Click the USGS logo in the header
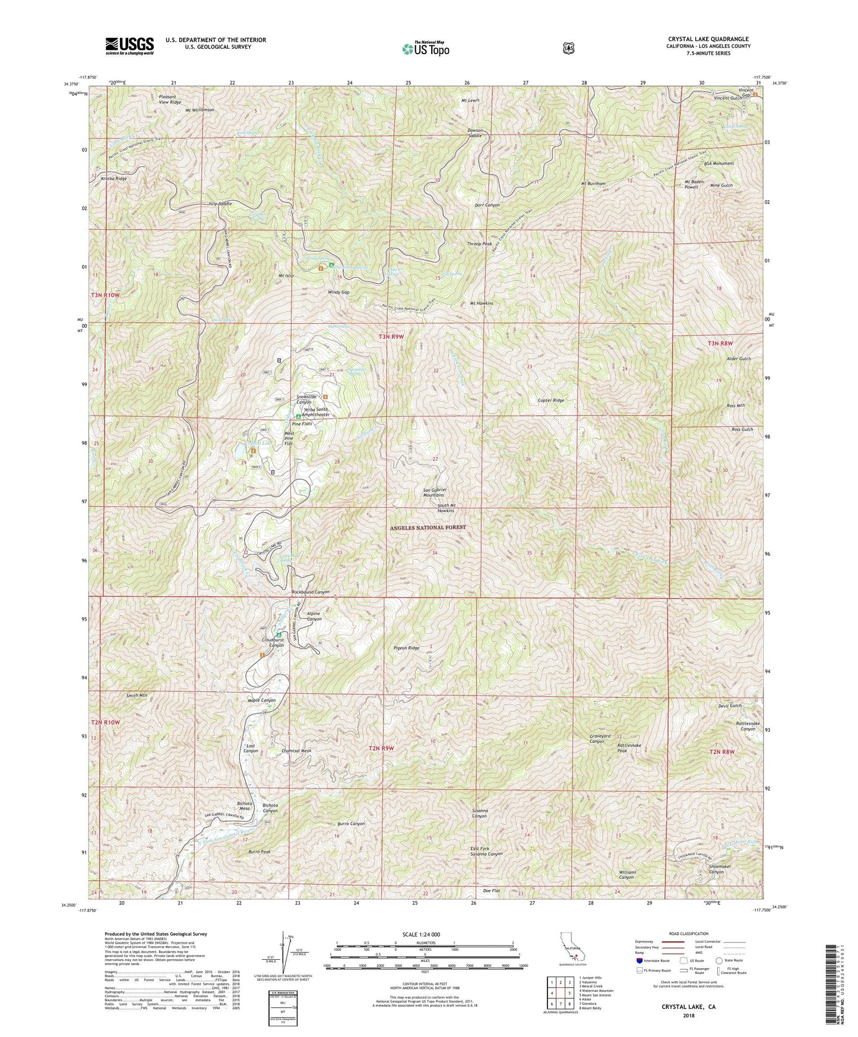tap(129, 45)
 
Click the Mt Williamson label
tap(201, 110)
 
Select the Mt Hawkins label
tap(482, 303)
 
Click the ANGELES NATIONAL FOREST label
tap(428, 527)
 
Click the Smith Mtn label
tap(137, 695)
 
